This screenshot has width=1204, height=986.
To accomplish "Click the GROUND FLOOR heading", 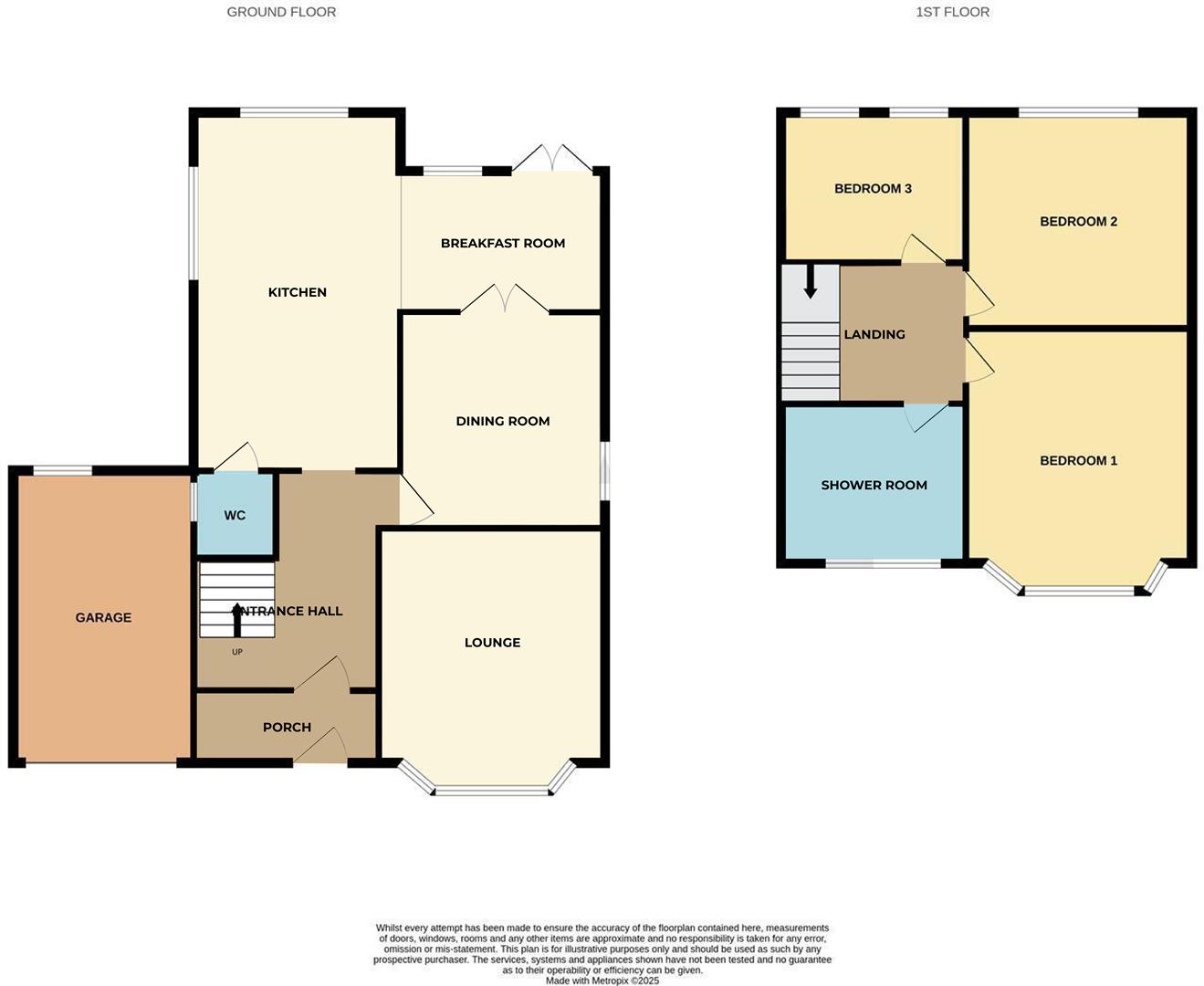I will click(281, 12).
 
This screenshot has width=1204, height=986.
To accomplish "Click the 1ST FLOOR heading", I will click(952, 12).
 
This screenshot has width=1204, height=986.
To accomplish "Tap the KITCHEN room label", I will click(297, 292).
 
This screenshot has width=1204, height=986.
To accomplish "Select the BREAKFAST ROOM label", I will click(502, 243).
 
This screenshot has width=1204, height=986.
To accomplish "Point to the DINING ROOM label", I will click(502, 421).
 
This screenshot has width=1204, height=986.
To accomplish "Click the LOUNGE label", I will click(492, 643).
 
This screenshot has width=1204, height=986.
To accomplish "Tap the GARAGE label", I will click(103, 618).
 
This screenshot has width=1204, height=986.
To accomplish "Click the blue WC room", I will click(236, 516).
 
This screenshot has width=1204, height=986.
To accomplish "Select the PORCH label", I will click(287, 728).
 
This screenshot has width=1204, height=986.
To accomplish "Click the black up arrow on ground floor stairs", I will click(237, 619).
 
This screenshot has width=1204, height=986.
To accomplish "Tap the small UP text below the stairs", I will click(237, 652).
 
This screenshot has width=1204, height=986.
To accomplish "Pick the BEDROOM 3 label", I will click(873, 189).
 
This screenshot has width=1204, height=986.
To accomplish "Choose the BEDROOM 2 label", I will click(1078, 222).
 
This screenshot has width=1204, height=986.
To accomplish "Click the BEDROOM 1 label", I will click(1078, 461).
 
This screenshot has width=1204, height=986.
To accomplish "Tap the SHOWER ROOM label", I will click(874, 486).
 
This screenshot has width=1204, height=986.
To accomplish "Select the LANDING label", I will click(874, 335).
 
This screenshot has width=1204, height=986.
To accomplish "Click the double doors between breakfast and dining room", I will click(504, 300).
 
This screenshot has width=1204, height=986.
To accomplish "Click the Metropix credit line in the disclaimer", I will click(602, 981).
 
